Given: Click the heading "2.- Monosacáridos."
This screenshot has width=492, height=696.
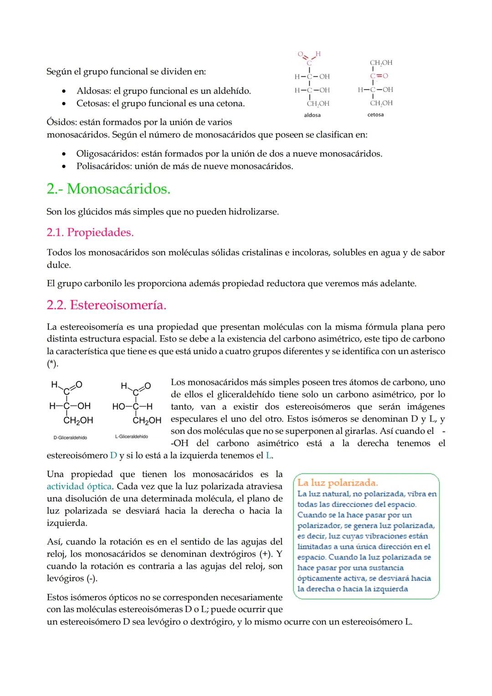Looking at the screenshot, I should pyautogui.click(x=108, y=189).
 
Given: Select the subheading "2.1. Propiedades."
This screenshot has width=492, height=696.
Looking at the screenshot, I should pyautogui.click(x=90, y=232).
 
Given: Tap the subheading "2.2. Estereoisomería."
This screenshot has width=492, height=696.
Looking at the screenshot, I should pyautogui.click(x=106, y=305).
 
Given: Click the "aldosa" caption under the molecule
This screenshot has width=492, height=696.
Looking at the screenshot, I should pyautogui.click(x=312, y=115).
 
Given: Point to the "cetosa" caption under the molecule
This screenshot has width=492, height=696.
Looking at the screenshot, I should pyautogui.click(x=375, y=115).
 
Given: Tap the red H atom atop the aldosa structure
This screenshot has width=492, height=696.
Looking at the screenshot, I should pyautogui.click(x=318, y=54).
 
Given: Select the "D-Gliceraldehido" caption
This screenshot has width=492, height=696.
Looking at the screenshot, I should pyautogui.click(x=70, y=438).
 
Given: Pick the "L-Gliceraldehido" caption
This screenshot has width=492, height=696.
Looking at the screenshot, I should pyautogui.click(x=131, y=437).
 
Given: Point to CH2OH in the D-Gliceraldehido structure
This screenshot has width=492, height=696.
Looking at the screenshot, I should pyautogui.click(x=78, y=420).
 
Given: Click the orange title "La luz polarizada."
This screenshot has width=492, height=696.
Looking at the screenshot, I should pyautogui.click(x=338, y=483).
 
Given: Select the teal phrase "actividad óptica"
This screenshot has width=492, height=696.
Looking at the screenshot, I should pyautogui.click(x=79, y=486).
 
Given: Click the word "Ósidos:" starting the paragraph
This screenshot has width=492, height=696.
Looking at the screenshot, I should pyautogui.click(x=61, y=122).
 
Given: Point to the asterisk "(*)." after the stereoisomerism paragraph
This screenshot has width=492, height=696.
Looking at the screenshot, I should pyautogui.click(x=53, y=364).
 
